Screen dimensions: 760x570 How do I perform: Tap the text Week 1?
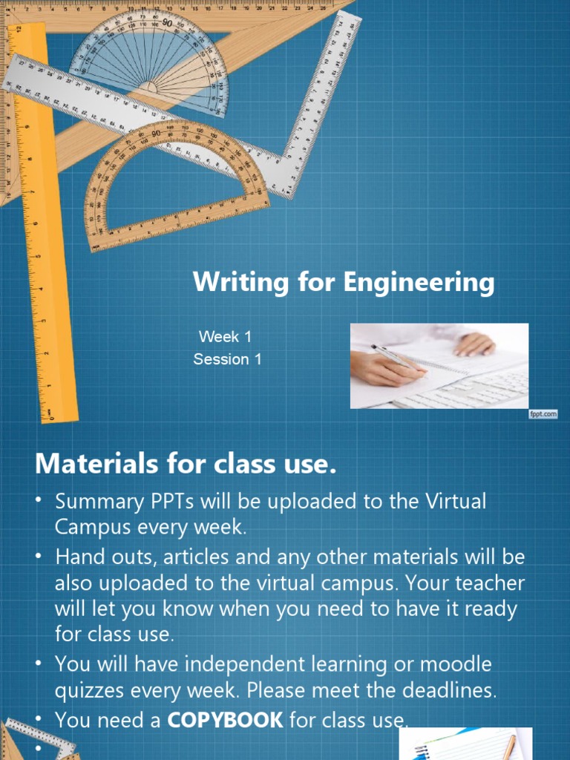pos(225,336)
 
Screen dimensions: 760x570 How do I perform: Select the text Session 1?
pos(227,359)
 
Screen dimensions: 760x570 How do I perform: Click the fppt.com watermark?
pos(543,414)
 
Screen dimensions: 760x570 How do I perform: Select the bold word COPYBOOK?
pos(235,720)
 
